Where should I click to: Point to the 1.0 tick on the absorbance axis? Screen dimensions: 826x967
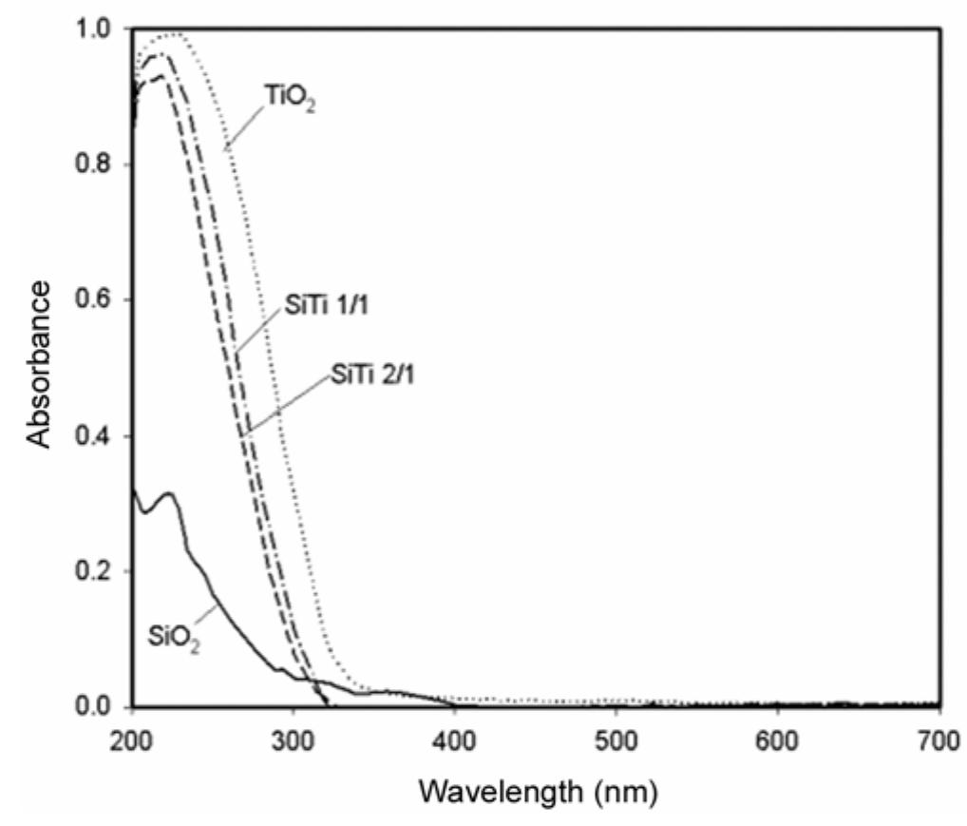coord(99,29)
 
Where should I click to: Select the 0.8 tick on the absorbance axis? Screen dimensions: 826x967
coord(99,164)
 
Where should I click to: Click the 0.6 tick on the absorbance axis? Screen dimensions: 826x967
coord(99,300)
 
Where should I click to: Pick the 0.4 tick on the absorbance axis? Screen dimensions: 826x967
coord(99,436)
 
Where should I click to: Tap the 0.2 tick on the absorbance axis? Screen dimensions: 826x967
coord(99,571)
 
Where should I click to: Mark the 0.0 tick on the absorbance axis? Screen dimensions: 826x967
coord(99,707)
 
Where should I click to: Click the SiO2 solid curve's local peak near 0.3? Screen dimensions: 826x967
coord(169,493)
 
